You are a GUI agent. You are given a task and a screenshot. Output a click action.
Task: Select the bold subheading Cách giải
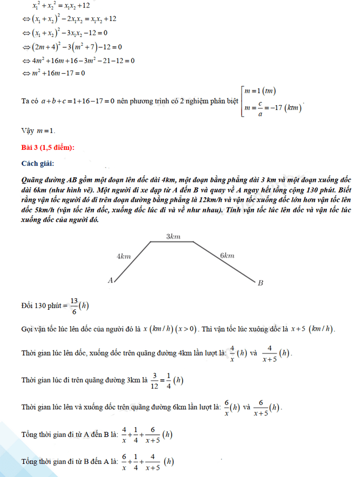pyautogui.click(x=38, y=164)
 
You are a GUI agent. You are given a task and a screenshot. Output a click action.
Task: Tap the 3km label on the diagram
pyautogui.click(x=173, y=237)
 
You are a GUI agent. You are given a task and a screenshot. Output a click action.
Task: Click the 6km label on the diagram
pyautogui.click(x=227, y=255)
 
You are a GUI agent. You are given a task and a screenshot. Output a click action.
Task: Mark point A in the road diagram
pyautogui.click(x=111, y=280)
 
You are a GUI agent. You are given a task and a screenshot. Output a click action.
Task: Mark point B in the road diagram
pyautogui.click(x=260, y=283)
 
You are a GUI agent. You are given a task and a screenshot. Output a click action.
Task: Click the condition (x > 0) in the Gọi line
pyautogui.click(x=186, y=329)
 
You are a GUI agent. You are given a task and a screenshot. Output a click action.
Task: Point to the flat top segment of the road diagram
pyautogui.click(x=172, y=242)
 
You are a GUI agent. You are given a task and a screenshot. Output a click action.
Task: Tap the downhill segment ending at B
pyautogui.click(x=225, y=261)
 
